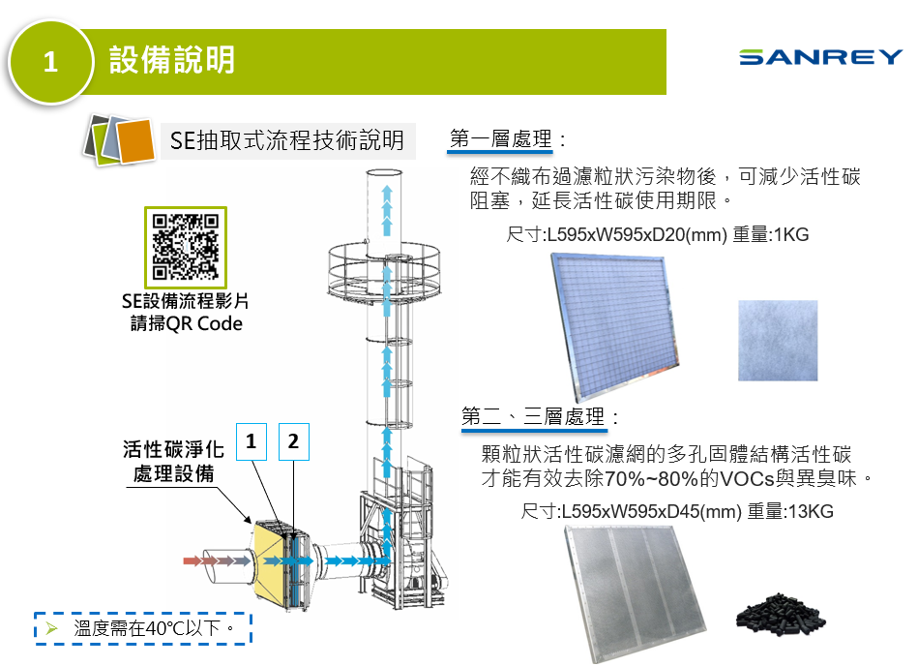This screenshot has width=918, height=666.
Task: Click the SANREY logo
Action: click(820, 57)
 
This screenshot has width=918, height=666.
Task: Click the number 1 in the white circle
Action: click(50, 63)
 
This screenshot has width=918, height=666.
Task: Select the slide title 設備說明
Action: click(171, 60)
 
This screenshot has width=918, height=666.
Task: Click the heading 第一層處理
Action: click(501, 139)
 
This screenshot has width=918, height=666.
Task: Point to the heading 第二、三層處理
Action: click(534, 417)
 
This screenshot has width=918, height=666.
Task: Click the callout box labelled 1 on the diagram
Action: click(251, 442)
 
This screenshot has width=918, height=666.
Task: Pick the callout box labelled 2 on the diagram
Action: click(292, 442)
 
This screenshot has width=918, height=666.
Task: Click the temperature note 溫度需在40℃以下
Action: click(155, 627)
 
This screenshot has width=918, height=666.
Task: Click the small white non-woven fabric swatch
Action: click(779, 340)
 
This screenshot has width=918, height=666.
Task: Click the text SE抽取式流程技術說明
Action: click(287, 140)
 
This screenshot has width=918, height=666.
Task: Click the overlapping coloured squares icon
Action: click(119, 139)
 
